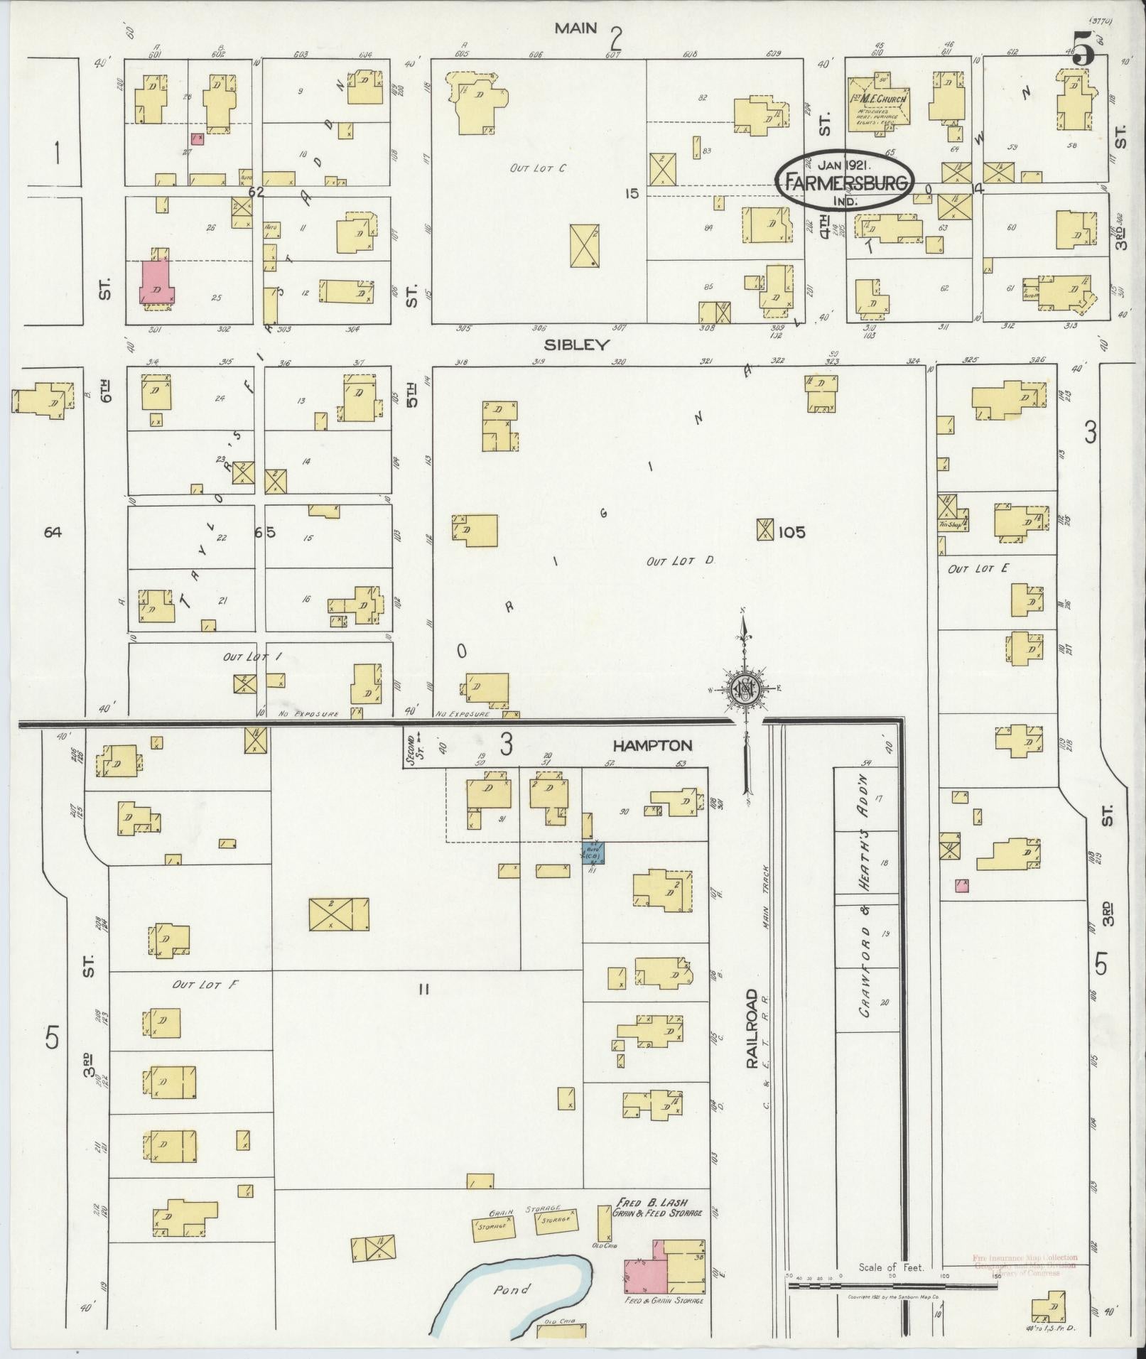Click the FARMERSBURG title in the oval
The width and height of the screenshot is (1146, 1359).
845,183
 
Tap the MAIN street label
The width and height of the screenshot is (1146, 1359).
576,28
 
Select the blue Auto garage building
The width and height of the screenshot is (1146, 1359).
593,852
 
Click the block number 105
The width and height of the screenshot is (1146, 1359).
791,531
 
